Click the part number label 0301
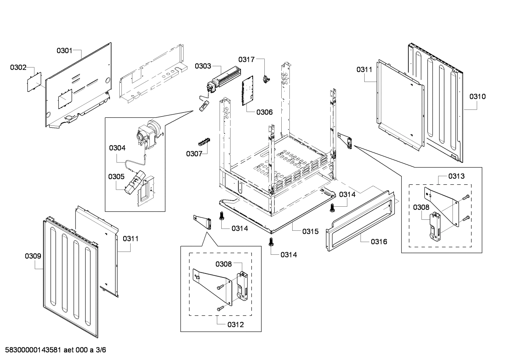[x=64, y=51]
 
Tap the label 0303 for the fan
[x=203, y=66]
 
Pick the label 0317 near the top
[x=246, y=59]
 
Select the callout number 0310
[x=477, y=96]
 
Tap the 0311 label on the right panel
[x=364, y=70]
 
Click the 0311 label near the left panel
[x=131, y=239]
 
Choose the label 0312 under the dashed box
[x=235, y=325]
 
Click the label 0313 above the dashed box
[x=456, y=176]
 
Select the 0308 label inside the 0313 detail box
[x=421, y=207]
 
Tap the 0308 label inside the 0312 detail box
[x=224, y=264]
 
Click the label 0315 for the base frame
[x=310, y=231]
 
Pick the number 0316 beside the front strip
[x=379, y=242]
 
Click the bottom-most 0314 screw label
[x=289, y=255]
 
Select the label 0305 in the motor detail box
[x=116, y=176]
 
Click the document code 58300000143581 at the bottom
[x=31, y=350]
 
